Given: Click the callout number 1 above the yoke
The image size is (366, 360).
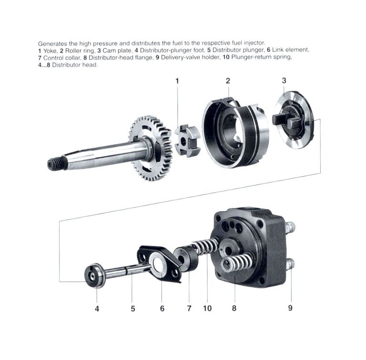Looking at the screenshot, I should pyautogui.click(x=177, y=81).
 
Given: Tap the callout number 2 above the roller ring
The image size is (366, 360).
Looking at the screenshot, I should pyautogui.click(x=228, y=80).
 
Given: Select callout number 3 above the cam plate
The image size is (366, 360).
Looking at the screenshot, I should pyautogui.click(x=284, y=80).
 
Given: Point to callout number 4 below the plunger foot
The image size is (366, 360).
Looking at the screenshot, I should pyautogui.click(x=97, y=309).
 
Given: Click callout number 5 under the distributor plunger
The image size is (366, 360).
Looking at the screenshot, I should pyautogui.click(x=133, y=309).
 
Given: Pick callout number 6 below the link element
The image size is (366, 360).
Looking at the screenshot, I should pyautogui.click(x=162, y=309).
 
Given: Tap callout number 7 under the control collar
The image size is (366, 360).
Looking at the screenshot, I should pyautogui.click(x=189, y=309).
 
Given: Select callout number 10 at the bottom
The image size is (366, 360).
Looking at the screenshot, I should pyautogui.click(x=207, y=309).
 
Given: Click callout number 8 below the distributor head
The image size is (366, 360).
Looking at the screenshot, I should pyautogui.click(x=234, y=309).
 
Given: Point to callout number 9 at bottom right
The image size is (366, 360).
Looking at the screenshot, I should pyautogui.click(x=290, y=308).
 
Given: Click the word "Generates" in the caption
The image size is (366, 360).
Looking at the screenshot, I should pyautogui.click(x=52, y=43).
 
